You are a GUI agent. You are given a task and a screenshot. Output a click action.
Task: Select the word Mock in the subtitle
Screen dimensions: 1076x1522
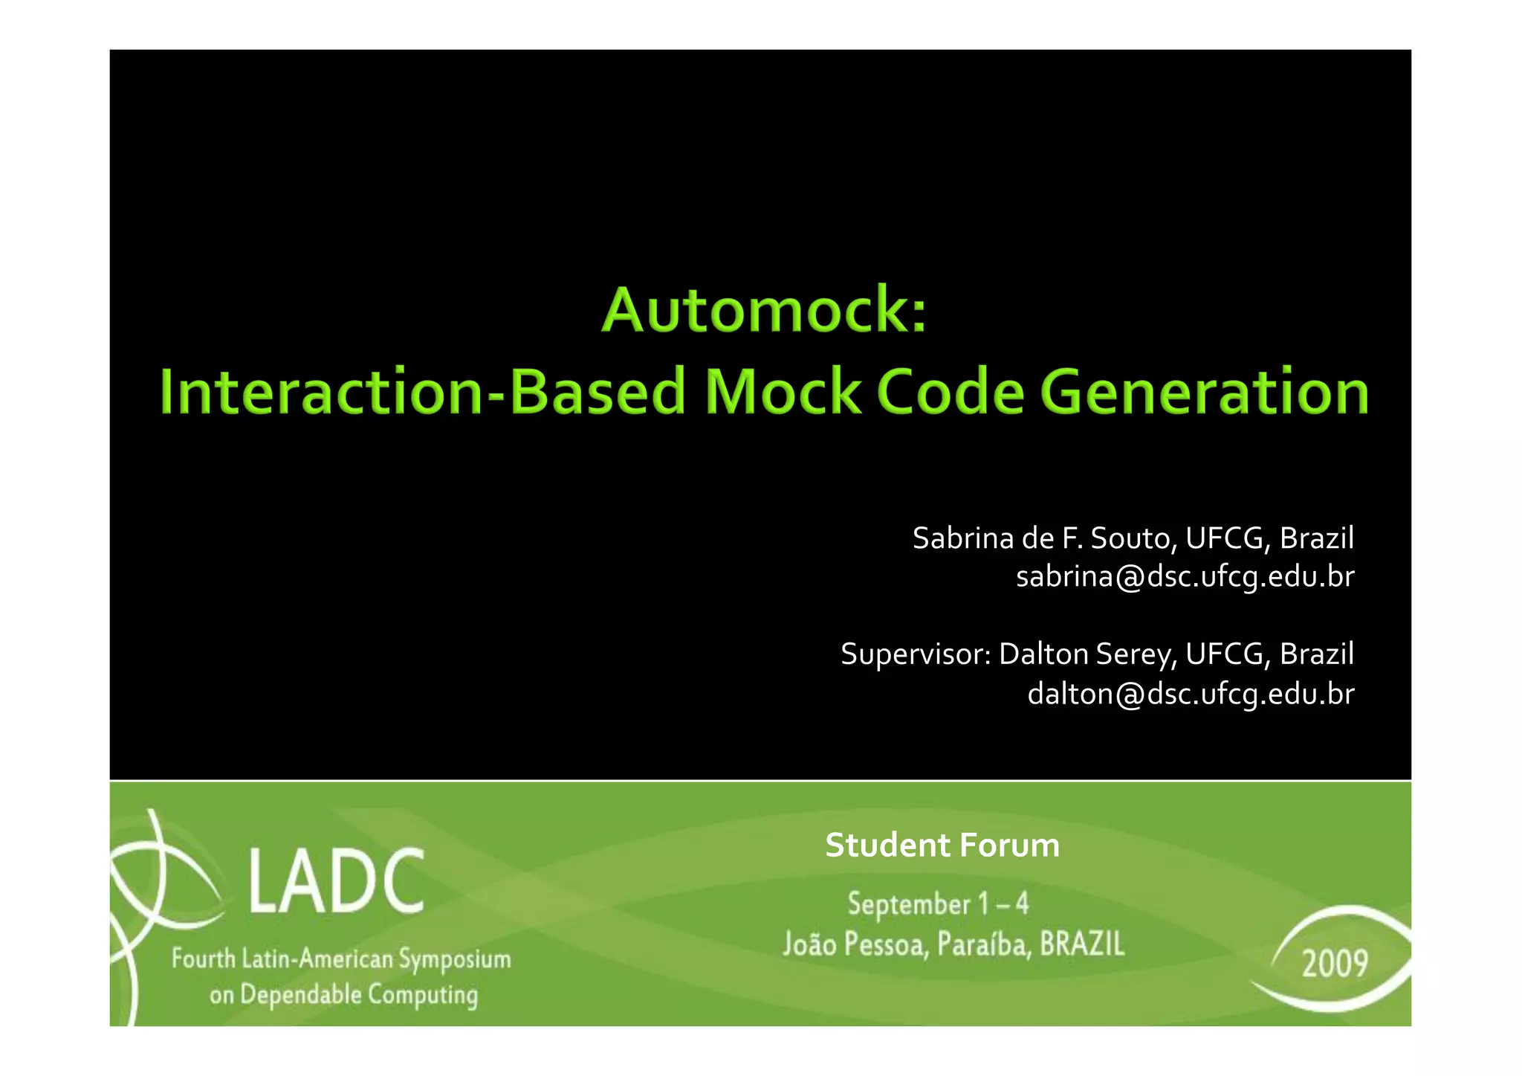[783, 392]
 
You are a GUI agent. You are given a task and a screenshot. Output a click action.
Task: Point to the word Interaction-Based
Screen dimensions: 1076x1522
[422, 392]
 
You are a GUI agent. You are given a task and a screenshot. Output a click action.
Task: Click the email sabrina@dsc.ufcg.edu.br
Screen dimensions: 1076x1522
[1185, 577]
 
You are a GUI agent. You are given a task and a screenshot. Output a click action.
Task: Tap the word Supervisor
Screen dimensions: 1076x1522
[915, 654]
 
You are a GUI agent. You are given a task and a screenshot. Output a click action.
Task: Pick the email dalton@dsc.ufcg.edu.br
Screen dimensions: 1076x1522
[1191, 694]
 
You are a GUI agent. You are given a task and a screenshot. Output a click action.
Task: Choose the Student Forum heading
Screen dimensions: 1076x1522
[942, 845]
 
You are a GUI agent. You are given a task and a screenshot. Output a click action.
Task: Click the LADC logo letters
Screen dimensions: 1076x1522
[336, 882]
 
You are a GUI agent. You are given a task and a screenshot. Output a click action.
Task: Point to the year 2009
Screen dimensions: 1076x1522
[1335, 964]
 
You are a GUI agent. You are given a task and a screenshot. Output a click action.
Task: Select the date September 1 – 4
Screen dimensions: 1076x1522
[938, 904]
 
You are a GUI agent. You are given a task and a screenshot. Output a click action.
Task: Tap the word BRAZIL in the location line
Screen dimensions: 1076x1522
[1082, 944]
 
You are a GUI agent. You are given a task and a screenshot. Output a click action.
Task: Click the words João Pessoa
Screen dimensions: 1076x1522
[855, 944]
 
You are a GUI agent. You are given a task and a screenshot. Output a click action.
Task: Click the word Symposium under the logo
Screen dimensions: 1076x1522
[455, 960]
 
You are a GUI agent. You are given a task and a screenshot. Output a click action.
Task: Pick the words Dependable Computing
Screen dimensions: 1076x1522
[359, 995]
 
